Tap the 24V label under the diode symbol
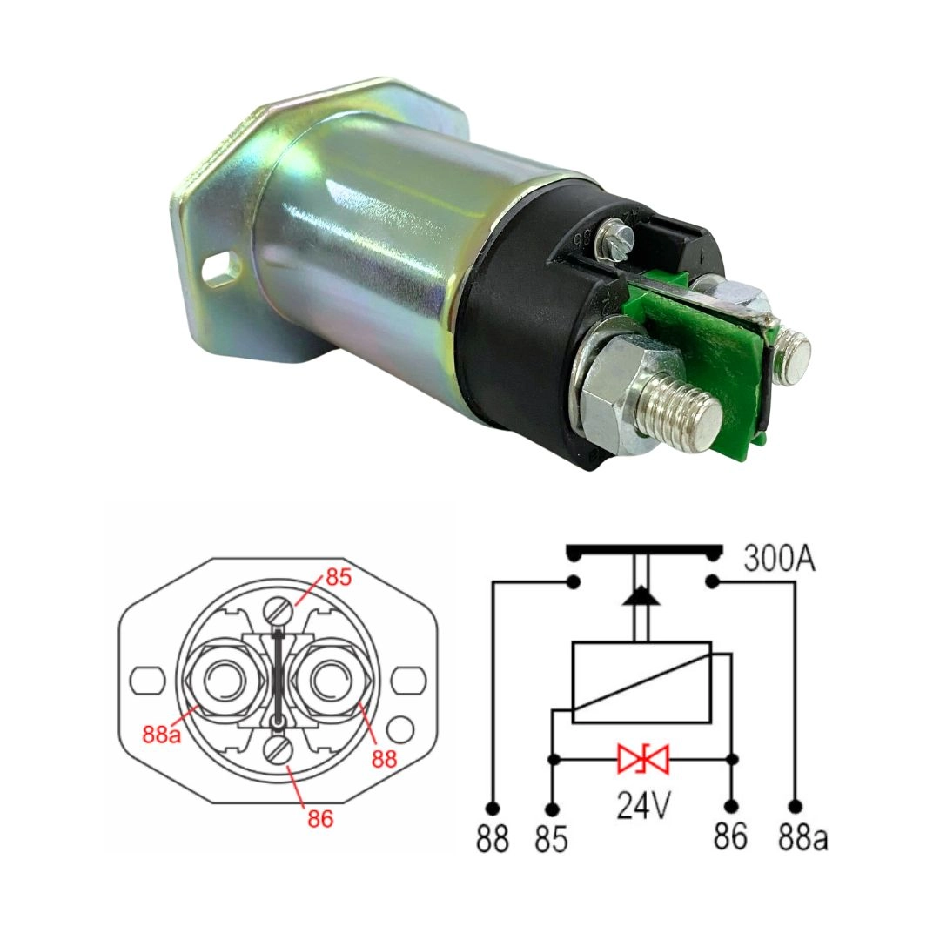point(643,808)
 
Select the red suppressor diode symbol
point(643,760)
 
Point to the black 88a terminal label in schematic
point(803,838)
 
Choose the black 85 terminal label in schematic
point(552,838)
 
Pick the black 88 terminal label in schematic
point(493,838)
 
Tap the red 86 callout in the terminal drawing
point(319,818)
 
